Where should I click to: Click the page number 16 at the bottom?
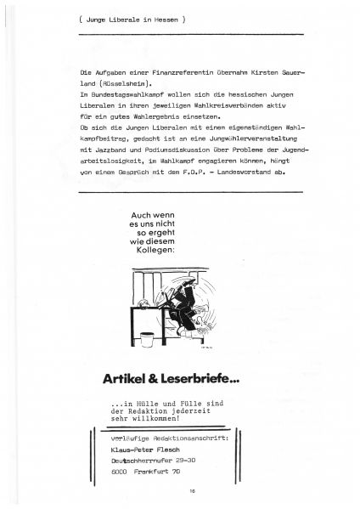tap(180, 491)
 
